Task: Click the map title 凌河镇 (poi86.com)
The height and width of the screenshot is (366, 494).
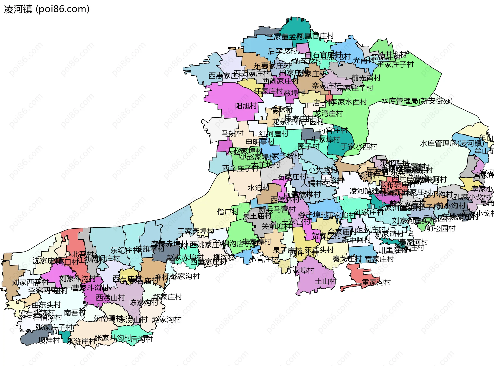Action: coord(47,9)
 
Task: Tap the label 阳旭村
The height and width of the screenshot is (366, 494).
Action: coord(246,106)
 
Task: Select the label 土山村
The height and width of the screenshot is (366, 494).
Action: coord(325,281)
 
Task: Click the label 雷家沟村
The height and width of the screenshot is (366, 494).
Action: coord(376,282)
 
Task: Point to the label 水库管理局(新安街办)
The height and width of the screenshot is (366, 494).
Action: coord(417,101)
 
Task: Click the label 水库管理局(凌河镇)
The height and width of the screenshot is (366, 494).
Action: coord(452,143)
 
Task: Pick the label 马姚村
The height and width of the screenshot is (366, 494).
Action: coord(232,133)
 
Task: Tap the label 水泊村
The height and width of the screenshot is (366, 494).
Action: coord(258,188)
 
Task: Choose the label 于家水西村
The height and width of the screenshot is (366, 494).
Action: coord(359,146)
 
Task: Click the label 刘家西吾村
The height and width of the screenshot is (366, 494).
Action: coord(30,282)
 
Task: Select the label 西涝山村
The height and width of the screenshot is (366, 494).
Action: coord(110,298)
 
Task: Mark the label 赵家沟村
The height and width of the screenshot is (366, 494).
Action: coord(166,319)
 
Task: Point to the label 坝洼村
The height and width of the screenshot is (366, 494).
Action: coord(49,340)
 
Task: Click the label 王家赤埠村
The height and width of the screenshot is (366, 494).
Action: coord(196,231)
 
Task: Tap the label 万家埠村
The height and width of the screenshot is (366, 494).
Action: coord(300,270)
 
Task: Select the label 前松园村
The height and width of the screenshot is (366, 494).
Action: coord(440,228)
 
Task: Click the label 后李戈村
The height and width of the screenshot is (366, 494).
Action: coord(283,51)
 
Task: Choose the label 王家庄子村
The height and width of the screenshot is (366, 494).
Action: coord(395,64)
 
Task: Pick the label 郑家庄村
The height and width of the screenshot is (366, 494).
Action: coord(167,297)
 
